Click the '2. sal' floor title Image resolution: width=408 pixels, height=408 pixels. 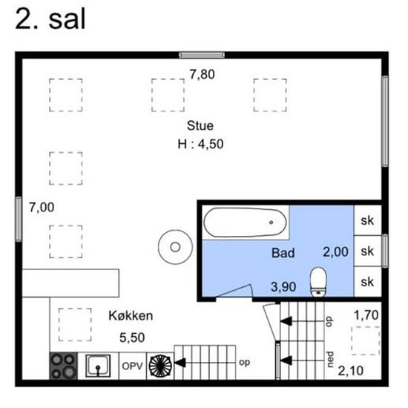click(x=50, y=19)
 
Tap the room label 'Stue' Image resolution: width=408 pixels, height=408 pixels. click(x=200, y=125)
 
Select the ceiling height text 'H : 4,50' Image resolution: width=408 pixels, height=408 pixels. click(x=200, y=144)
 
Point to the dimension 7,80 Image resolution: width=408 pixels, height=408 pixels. click(x=203, y=74)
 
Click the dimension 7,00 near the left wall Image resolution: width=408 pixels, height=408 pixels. click(x=42, y=208)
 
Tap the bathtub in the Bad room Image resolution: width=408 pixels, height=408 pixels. click(x=245, y=223)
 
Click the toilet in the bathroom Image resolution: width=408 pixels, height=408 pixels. click(x=318, y=282)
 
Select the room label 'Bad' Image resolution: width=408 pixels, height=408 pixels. click(x=283, y=253)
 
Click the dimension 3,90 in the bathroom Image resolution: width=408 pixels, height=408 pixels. click(x=283, y=287)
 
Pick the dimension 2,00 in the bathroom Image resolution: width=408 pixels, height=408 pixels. click(x=335, y=252)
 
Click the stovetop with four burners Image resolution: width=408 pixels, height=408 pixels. click(x=64, y=366)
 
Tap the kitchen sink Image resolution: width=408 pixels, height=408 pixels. click(x=98, y=366)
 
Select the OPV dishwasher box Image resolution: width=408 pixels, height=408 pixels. click(x=133, y=366)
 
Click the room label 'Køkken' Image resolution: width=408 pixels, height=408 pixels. click(x=131, y=316)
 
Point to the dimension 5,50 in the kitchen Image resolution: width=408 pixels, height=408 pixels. click(x=132, y=338)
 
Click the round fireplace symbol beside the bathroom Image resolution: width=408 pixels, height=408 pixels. click(x=175, y=247)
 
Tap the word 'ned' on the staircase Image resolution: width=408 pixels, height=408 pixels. click(x=330, y=359)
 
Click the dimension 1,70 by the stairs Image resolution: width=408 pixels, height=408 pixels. click(x=366, y=315)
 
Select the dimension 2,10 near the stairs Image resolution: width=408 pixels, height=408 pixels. click(x=350, y=371)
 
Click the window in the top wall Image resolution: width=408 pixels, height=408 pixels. click(x=202, y=55)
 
